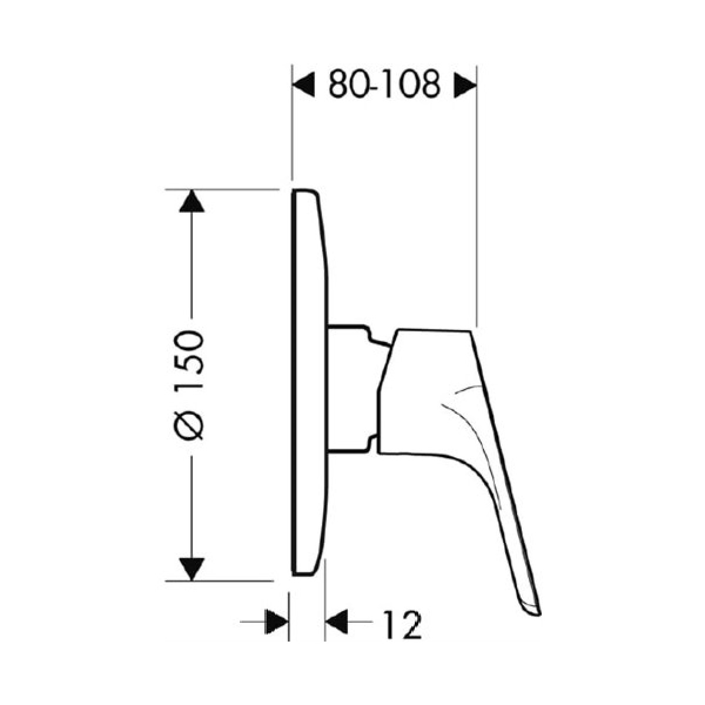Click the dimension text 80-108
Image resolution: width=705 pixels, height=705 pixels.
(384, 85)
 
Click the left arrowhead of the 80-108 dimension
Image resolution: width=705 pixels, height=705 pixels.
(304, 85)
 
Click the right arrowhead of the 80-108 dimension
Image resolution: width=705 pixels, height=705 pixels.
(465, 85)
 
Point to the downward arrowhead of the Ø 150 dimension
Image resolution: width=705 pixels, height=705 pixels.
(192, 569)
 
